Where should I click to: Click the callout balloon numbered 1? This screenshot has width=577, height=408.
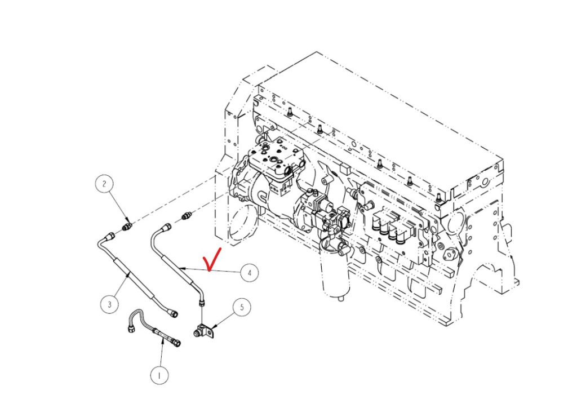(159, 375)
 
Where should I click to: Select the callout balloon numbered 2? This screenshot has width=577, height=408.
(104, 183)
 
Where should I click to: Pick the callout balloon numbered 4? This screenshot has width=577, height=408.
(250, 273)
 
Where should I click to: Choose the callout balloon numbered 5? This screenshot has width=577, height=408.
(242, 307)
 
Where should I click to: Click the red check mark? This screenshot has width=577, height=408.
(212, 259)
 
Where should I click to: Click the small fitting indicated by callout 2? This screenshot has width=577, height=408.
(127, 225)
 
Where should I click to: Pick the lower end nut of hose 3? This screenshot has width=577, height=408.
(174, 313)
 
